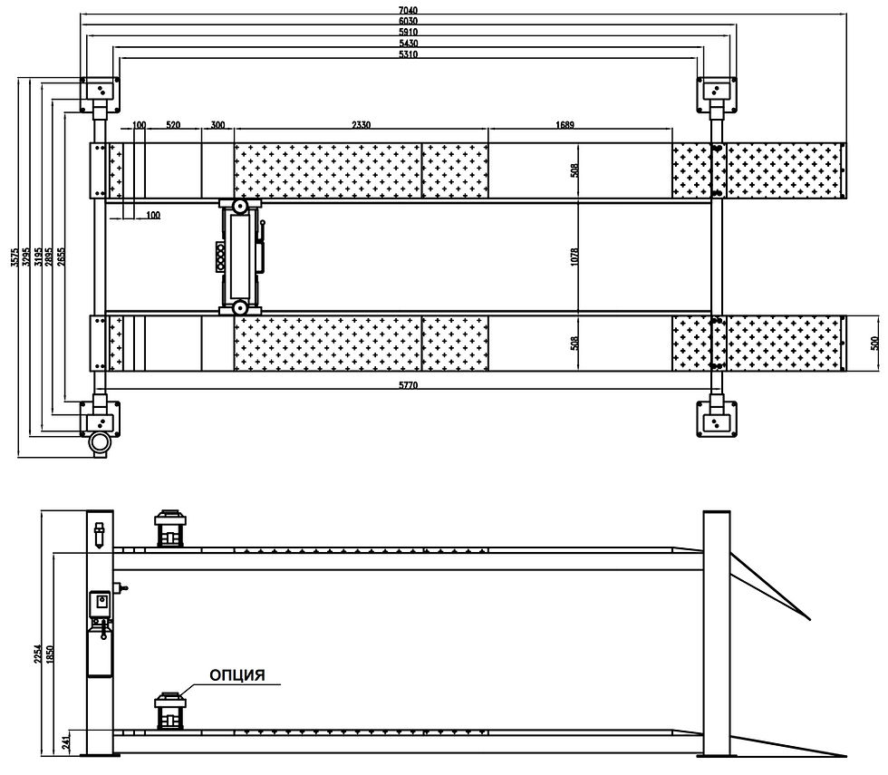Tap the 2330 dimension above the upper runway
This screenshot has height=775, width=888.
tap(361, 125)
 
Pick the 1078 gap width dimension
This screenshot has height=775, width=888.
tap(575, 257)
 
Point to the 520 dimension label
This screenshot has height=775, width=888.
tap(173, 125)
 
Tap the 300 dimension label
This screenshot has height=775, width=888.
tap(217, 125)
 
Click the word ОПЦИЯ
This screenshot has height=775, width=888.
tap(237, 675)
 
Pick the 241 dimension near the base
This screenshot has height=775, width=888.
tap(66, 742)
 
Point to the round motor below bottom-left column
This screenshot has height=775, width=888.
tap(99, 444)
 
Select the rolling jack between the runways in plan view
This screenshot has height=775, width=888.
tap(240, 257)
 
